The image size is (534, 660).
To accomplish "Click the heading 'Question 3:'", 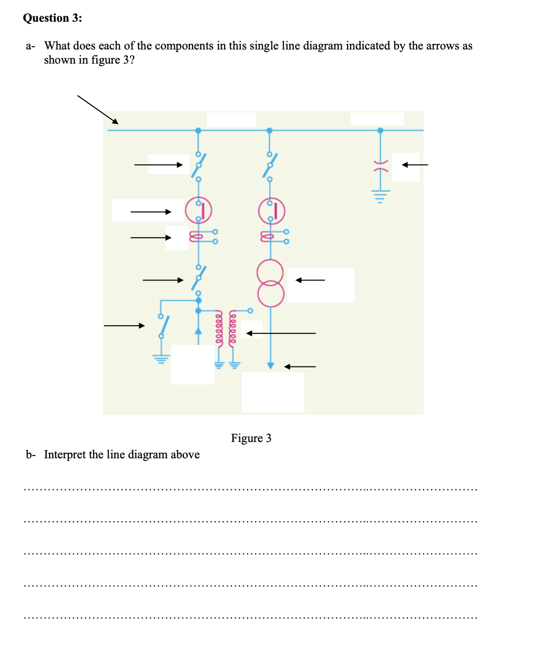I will (x=52, y=18).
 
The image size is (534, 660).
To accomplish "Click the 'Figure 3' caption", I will (x=251, y=438).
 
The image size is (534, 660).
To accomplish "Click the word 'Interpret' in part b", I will (x=65, y=454).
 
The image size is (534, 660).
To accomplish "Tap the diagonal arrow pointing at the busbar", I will (x=97, y=109).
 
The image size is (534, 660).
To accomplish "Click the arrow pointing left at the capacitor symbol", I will (x=414, y=165).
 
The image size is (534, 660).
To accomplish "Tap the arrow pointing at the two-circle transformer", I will (x=310, y=281).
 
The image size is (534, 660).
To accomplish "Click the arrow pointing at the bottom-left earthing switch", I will (x=125, y=326).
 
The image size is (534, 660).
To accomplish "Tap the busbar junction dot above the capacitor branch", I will (x=380, y=130).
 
